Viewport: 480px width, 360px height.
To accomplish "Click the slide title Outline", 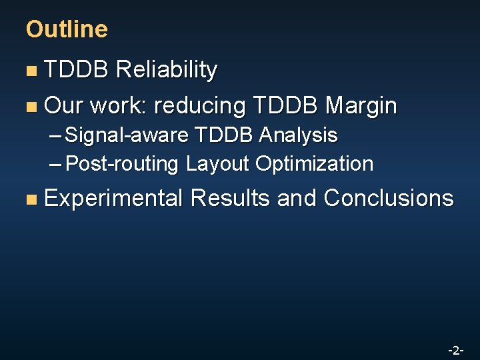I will (x=66, y=29).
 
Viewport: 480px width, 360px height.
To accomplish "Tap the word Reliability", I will (x=166, y=70).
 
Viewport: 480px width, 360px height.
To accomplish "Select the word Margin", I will (x=361, y=105).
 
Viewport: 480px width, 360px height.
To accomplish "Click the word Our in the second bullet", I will (x=63, y=105).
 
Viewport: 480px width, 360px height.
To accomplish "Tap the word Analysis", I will (x=298, y=135).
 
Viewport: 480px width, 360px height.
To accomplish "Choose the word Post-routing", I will (x=124, y=163).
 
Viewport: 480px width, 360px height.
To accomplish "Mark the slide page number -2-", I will (x=456, y=350).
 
